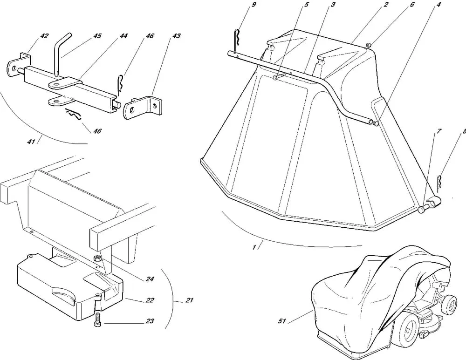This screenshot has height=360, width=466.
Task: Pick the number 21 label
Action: point(189,300)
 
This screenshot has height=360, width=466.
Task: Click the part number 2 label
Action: point(385,5)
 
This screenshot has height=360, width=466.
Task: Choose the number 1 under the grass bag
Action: point(254,247)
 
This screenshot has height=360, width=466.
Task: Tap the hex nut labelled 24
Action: point(97,259)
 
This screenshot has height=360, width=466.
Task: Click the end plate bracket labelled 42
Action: point(18,65)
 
